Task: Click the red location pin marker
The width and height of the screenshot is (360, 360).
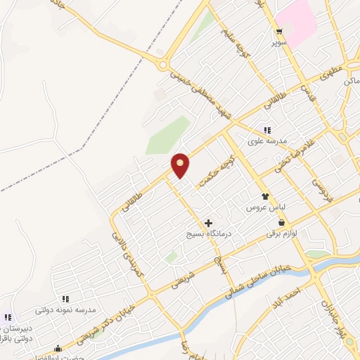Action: coord(181,164)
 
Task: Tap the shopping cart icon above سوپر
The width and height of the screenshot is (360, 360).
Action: coord(280,31)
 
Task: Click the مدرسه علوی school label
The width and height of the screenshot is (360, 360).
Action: coord(267,141)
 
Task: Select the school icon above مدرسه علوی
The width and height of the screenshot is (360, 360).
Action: coord(266,129)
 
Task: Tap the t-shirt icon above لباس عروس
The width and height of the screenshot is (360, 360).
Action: coord(265,197)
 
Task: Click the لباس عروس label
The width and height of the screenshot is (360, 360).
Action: coord(262,208)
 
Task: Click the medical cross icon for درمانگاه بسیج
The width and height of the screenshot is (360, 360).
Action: coord(208,223)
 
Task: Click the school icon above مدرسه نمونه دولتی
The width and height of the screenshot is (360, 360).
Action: coord(65,299)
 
